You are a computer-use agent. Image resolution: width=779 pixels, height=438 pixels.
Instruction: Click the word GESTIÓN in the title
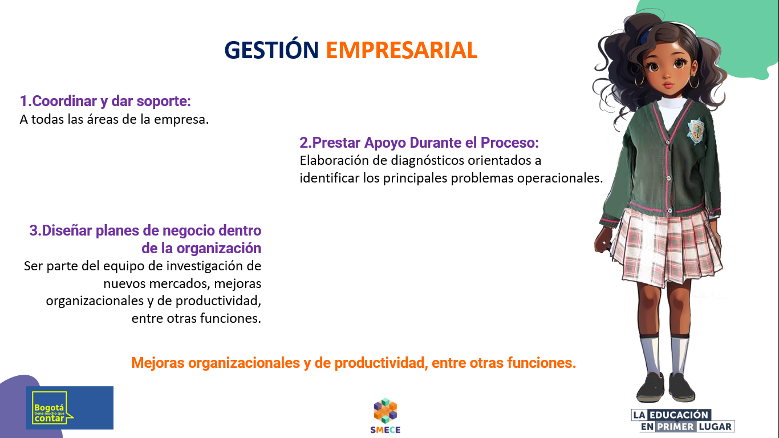pyautogui.click(x=271, y=50)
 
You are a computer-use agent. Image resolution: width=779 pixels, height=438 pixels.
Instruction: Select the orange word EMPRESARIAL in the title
pyautogui.click(x=401, y=50)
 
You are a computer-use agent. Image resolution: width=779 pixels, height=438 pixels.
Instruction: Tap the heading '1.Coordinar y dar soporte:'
pyautogui.click(x=105, y=101)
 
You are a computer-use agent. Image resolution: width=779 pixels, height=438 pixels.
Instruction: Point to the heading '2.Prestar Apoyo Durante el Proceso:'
pyautogui.click(x=419, y=143)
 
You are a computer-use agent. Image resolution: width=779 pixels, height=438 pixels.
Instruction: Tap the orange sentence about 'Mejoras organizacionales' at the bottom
pyautogui.click(x=354, y=363)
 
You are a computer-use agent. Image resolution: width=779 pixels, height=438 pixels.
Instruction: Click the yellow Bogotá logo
pyautogui.click(x=51, y=407)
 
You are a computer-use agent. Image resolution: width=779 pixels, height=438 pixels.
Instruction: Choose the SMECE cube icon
pyautogui.click(x=385, y=410)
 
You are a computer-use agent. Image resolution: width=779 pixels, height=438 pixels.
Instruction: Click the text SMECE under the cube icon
pyautogui.click(x=385, y=430)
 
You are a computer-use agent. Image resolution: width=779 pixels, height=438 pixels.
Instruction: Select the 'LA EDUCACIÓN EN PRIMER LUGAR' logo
pyautogui.click(x=683, y=420)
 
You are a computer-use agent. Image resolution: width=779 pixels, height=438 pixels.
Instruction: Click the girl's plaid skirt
pyautogui.click(x=664, y=245)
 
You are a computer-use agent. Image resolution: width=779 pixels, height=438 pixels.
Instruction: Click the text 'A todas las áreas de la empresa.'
pyautogui.click(x=114, y=120)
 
